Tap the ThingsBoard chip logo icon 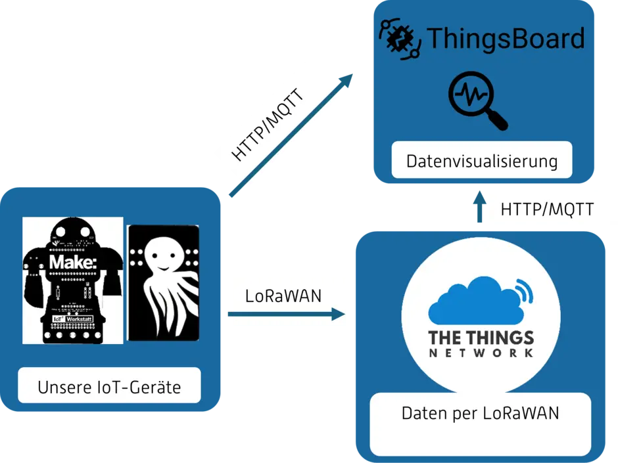(x=399, y=39)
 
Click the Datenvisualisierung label (x=482, y=160)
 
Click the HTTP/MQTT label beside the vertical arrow (x=547, y=209)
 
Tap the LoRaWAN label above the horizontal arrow (x=283, y=296)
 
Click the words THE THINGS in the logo (x=481, y=338)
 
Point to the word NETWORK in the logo (x=481, y=353)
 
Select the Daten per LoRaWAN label (x=480, y=414)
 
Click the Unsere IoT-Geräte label (x=109, y=387)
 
